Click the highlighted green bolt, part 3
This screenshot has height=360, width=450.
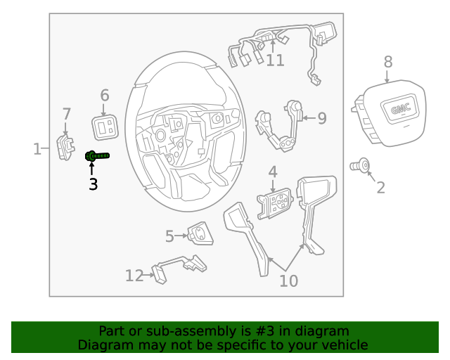[x=96, y=156]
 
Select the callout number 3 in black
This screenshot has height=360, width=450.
[x=93, y=185]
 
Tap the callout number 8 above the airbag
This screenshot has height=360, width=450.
[x=388, y=63]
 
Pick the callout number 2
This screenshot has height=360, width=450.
[x=380, y=187]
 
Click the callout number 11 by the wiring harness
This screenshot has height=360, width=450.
[x=275, y=60]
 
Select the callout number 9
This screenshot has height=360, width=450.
[x=321, y=118]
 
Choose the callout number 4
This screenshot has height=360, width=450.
[x=272, y=172]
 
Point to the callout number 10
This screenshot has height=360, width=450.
[x=288, y=281]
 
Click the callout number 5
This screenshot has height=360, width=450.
[x=169, y=237]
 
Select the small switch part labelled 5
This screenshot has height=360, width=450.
[x=200, y=233]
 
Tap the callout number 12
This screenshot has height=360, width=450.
[x=134, y=276]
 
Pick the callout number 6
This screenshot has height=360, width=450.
[x=105, y=95]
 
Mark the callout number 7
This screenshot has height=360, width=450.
[x=67, y=114]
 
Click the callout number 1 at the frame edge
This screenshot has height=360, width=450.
[x=37, y=148]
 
